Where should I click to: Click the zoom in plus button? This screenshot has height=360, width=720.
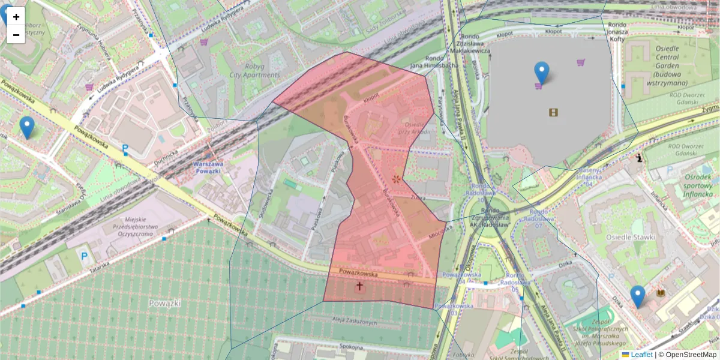[16, 17]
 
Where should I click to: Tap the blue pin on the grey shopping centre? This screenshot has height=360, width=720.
[542, 73]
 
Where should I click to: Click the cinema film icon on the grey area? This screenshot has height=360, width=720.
[553, 112]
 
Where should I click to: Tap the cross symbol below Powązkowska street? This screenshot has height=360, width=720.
[360, 286]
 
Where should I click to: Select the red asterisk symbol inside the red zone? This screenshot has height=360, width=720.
[396, 179]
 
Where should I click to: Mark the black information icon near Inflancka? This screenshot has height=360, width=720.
[640, 158]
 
